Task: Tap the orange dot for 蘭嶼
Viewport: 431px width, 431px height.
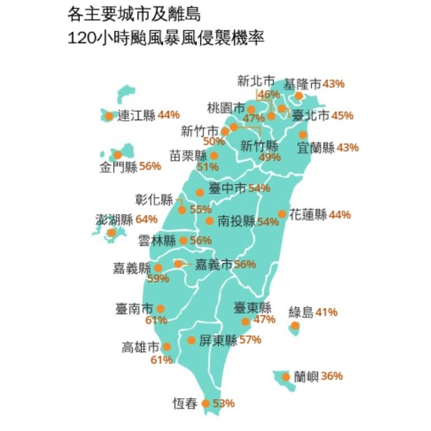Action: pos(286,377)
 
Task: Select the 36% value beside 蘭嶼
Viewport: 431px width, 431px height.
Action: pos(332,376)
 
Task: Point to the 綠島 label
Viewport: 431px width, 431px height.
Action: pos(301,312)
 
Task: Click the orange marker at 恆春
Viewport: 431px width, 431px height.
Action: pos(205,404)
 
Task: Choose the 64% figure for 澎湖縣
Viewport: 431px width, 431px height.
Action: pos(147,219)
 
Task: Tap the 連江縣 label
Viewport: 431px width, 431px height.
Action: pos(137,115)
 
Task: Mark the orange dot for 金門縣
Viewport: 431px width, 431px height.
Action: pos(118,155)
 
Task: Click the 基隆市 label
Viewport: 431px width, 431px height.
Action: pos(302,84)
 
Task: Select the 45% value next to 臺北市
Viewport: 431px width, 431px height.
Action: pos(342,116)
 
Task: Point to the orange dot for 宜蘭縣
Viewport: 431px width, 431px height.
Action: pos(303,135)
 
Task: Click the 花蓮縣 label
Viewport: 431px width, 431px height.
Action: pos(308,215)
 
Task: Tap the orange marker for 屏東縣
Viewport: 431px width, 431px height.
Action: pos(191,340)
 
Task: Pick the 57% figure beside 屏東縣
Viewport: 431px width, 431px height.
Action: pos(250,340)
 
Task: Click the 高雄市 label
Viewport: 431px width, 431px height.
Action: pos(140,347)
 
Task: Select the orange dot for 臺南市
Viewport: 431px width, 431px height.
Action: pos(161,308)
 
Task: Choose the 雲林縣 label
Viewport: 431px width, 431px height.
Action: pos(157,241)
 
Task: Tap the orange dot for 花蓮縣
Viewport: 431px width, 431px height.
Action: pos(282,214)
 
